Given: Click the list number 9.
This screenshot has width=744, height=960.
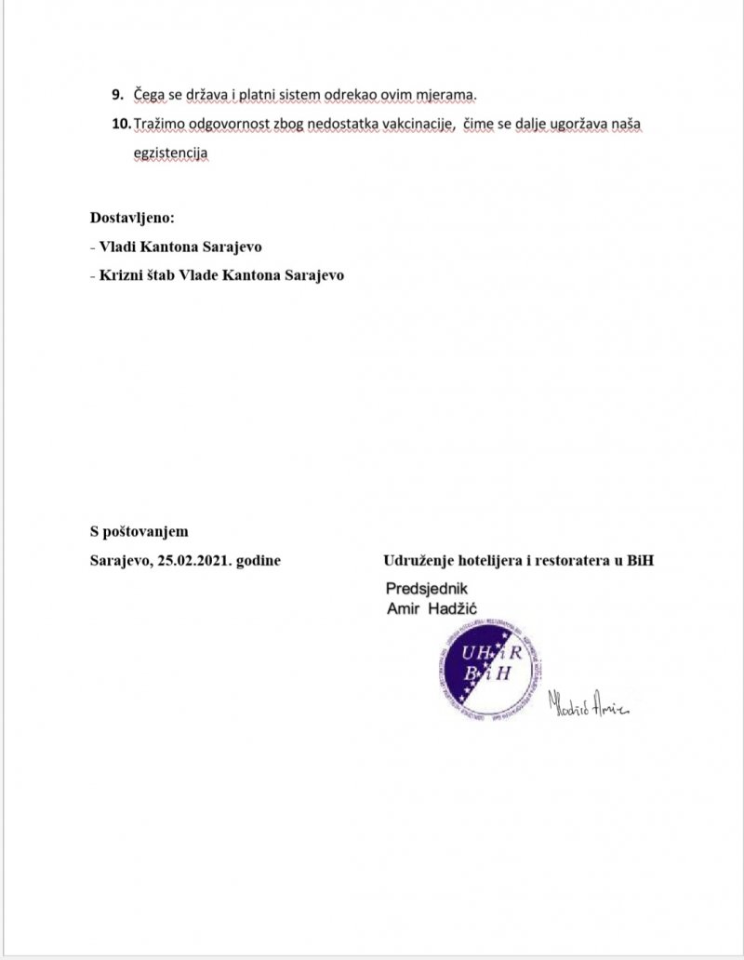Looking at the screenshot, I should [117, 96].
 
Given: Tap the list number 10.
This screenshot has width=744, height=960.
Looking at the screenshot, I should [121, 125].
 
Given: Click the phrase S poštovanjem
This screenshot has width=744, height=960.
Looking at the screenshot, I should [139, 532].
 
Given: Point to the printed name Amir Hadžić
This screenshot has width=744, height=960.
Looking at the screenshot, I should [444, 607].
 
